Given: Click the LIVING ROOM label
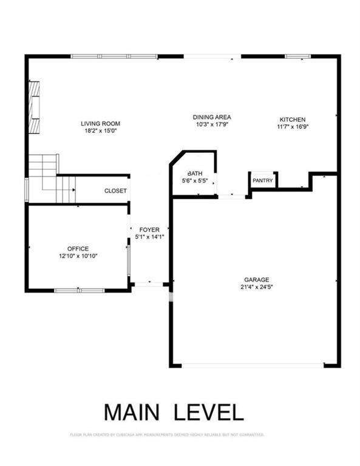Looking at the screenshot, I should point(98,123).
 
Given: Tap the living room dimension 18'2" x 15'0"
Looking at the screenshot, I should point(98,130).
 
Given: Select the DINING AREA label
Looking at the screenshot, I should point(212,117).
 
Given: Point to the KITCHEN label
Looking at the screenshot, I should point(292,120).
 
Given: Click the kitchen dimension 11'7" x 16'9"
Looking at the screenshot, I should point(292,127).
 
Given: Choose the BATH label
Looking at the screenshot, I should point(194,173).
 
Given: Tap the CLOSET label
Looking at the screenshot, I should point(115,191).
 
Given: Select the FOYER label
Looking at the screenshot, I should point(149,230).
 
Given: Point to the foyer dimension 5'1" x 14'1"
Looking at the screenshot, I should point(149,237).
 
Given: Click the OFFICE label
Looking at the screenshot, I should point(78,249).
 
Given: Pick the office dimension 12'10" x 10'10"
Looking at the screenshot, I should point(78,256).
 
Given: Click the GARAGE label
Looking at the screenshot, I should point(254,280).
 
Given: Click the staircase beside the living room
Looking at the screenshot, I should point(50,178).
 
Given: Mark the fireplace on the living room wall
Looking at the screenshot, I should point(35,107).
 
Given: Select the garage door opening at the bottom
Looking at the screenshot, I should point(253,365).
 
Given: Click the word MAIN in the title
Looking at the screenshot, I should point(133,412).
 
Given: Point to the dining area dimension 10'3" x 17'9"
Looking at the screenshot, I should point(212,124).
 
